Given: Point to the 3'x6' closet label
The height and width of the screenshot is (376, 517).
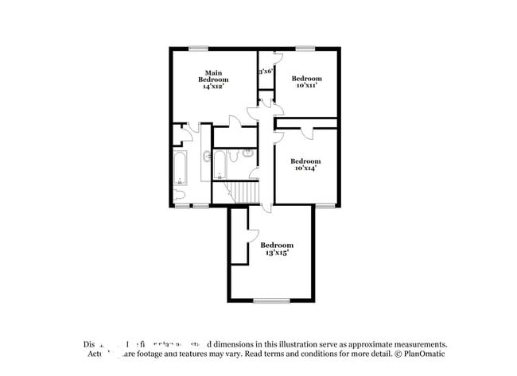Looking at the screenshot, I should click(x=266, y=71).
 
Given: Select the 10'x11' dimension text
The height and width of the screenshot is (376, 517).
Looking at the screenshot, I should click(x=306, y=86).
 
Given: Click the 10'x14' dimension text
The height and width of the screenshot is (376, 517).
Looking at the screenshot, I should click(x=305, y=168).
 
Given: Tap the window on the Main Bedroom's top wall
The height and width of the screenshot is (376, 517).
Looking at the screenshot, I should click(x=198, y=48).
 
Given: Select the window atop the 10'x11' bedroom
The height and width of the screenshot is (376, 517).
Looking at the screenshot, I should click(x=305, y=48).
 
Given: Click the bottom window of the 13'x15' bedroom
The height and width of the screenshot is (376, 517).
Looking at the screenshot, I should click(x=271, y=300).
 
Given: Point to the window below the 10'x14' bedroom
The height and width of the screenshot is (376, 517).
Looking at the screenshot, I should click(x=325, y=205).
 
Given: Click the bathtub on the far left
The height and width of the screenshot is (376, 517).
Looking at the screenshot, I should click(x=180, y=167).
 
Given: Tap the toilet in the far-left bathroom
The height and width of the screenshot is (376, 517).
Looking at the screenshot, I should click(x=179, y=194).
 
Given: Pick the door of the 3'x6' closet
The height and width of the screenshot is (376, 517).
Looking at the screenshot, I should click(x=274, y=60).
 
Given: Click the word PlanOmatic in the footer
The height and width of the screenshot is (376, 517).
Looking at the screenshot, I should click(x=424, y=354).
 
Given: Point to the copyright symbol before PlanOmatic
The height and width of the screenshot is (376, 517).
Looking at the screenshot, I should click(x=396, y=354).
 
